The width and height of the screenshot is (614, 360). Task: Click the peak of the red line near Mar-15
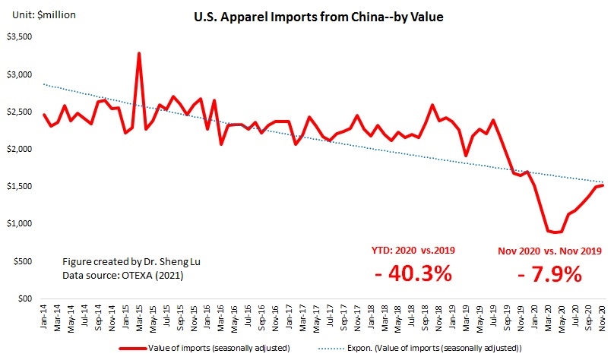(139, 53)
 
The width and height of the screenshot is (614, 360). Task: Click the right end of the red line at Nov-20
(603, 185)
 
